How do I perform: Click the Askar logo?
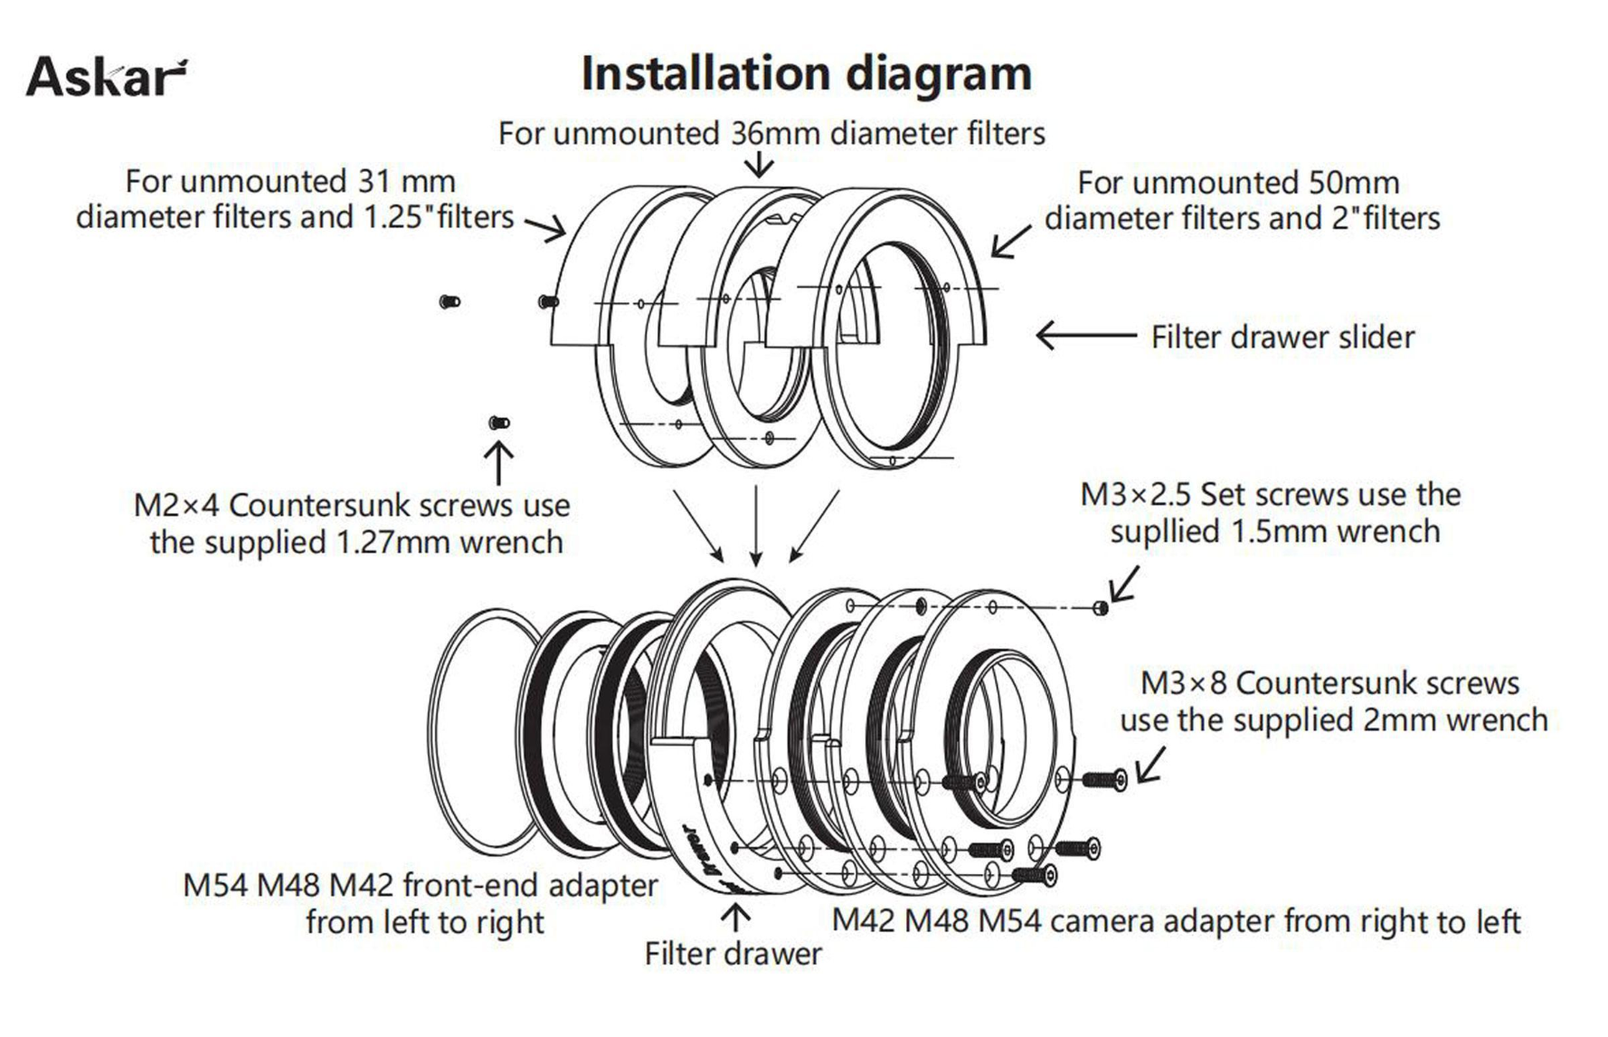(107, 76)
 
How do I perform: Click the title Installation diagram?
(806, 73)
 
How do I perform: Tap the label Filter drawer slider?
(1282, 338)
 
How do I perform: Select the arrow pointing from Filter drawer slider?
(1085, 336)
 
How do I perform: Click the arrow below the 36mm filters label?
(760, 164)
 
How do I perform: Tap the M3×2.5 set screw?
(1101, 607)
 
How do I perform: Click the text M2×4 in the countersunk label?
(176, 506)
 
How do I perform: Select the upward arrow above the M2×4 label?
(499, 461)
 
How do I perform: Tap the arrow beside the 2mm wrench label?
(1150, 765)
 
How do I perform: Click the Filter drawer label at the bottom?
(733, 954)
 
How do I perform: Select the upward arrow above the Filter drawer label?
(735, 918)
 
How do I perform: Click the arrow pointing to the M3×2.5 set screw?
(1124, 584)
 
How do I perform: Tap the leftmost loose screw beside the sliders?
(449, 301)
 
